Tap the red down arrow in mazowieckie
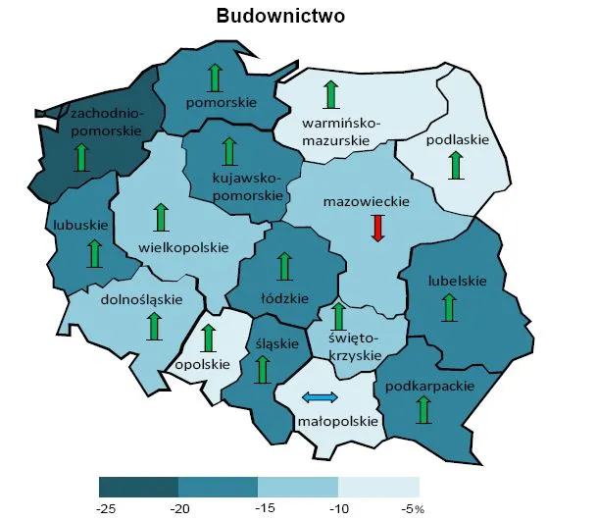[x=378, y=228]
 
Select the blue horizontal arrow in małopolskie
[x=320, y=396]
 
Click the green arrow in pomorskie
[x=216, y=78]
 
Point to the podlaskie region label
[x=457, y=140]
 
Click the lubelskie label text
[x=457, y=281]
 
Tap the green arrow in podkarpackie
[x=423, y=409]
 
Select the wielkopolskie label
[x=184, y=247]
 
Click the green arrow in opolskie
[x=207, y=339]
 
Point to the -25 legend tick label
[x=107, y=508]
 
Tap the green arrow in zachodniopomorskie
[x=82, y=156]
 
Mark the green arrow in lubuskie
[x=94, y=252]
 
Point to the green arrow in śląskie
[x=262, y=368]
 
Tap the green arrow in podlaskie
[x=455, y=165]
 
